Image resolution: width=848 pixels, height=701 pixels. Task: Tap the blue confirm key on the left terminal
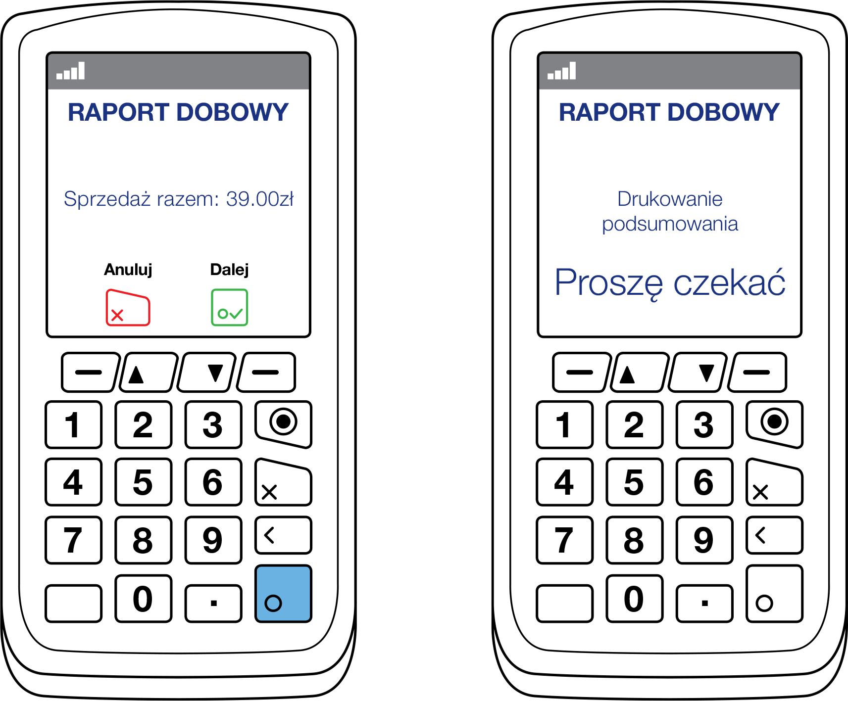pyautogui.click(x=283, y=594)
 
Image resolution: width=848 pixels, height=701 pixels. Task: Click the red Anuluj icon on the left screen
pyautogui.click(x=128, y=307)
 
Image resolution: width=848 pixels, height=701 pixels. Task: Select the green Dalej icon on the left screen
pyautogui.click(x=230, y=308)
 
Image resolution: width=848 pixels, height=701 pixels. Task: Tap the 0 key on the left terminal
pyautogui.click(x=143, y=599)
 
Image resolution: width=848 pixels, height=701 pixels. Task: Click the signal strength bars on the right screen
pyautogui.click(x=561, y=71)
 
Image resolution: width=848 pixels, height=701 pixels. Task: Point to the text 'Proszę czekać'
pyautogui.click(x=670, y=283)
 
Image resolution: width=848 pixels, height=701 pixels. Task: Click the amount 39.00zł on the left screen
pyautogui.click(x=260, y=199)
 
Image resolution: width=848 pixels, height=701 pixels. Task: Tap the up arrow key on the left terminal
pyautogui.click(x=149, y=373)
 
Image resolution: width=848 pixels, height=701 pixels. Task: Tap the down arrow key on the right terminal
pyautogui.click(x=698, y=373)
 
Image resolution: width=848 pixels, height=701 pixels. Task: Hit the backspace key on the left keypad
pyautogui.click(x=283, y=535)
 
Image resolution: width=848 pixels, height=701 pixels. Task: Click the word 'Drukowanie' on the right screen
pyautogui.click(x=670, y=199)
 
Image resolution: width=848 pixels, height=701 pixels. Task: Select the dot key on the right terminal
pyautogui.click(x=704, y=603)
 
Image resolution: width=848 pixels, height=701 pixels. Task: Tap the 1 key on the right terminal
pyautogui.click(x=565, y=425)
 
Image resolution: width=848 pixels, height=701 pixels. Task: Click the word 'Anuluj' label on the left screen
pyautogui.click(x=128, y=270)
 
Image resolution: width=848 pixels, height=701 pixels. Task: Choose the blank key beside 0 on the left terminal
pyautogui.click(x=73, y=603)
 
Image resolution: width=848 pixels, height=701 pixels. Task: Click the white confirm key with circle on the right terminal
pyautogui.click(x=774, y=594)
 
